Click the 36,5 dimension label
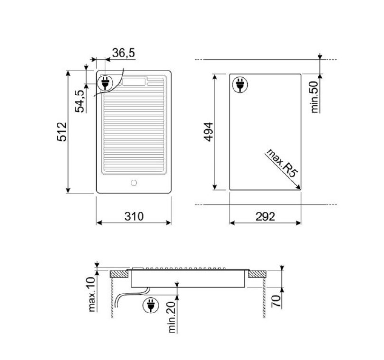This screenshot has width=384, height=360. click(123, 53)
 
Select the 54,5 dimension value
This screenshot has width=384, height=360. click(80, 101)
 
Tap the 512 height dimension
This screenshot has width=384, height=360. click(62, 132)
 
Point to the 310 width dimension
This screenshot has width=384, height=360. click(134, 217)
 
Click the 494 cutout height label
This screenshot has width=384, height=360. click(208, 132)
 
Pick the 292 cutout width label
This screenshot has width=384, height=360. click(265, 217)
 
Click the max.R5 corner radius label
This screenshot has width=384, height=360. click(282, 163)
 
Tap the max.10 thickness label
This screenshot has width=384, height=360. click(91, 294)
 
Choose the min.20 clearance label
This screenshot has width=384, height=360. click(172, 317)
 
